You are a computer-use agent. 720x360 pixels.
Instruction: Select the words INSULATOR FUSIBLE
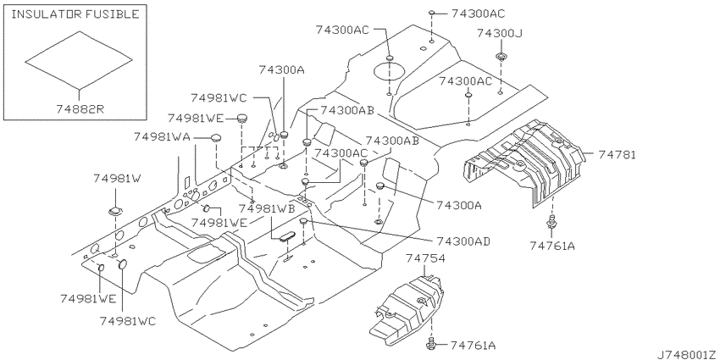click(x=75, y=14)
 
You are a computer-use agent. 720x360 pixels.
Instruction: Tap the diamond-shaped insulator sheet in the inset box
click(x=79, y=59)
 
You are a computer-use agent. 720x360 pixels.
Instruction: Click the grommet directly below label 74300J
click(x=501, y=58)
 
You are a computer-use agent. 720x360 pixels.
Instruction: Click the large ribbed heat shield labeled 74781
click(x=524, y=162)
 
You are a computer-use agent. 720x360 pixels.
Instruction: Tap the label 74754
click(x=425, y=258)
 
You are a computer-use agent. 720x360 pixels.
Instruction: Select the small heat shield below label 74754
click(x=407, y=308)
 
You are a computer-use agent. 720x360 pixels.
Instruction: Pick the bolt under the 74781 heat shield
click(x=551, y=221)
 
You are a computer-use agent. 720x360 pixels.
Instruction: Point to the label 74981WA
click(x=163, y=137)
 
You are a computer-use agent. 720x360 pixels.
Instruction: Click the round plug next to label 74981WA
click(x=217, y=137)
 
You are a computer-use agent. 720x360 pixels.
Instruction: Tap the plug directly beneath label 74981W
click(x=114, y=212)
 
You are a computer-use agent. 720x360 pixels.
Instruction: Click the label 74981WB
click(x=267, y=208)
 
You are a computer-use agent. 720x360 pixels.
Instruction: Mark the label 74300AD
click(x=463, y=241)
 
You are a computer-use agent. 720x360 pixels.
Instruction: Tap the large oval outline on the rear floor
click(x=389, y=71)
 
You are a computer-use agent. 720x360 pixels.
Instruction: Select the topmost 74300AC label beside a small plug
click(x=478, y=14)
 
